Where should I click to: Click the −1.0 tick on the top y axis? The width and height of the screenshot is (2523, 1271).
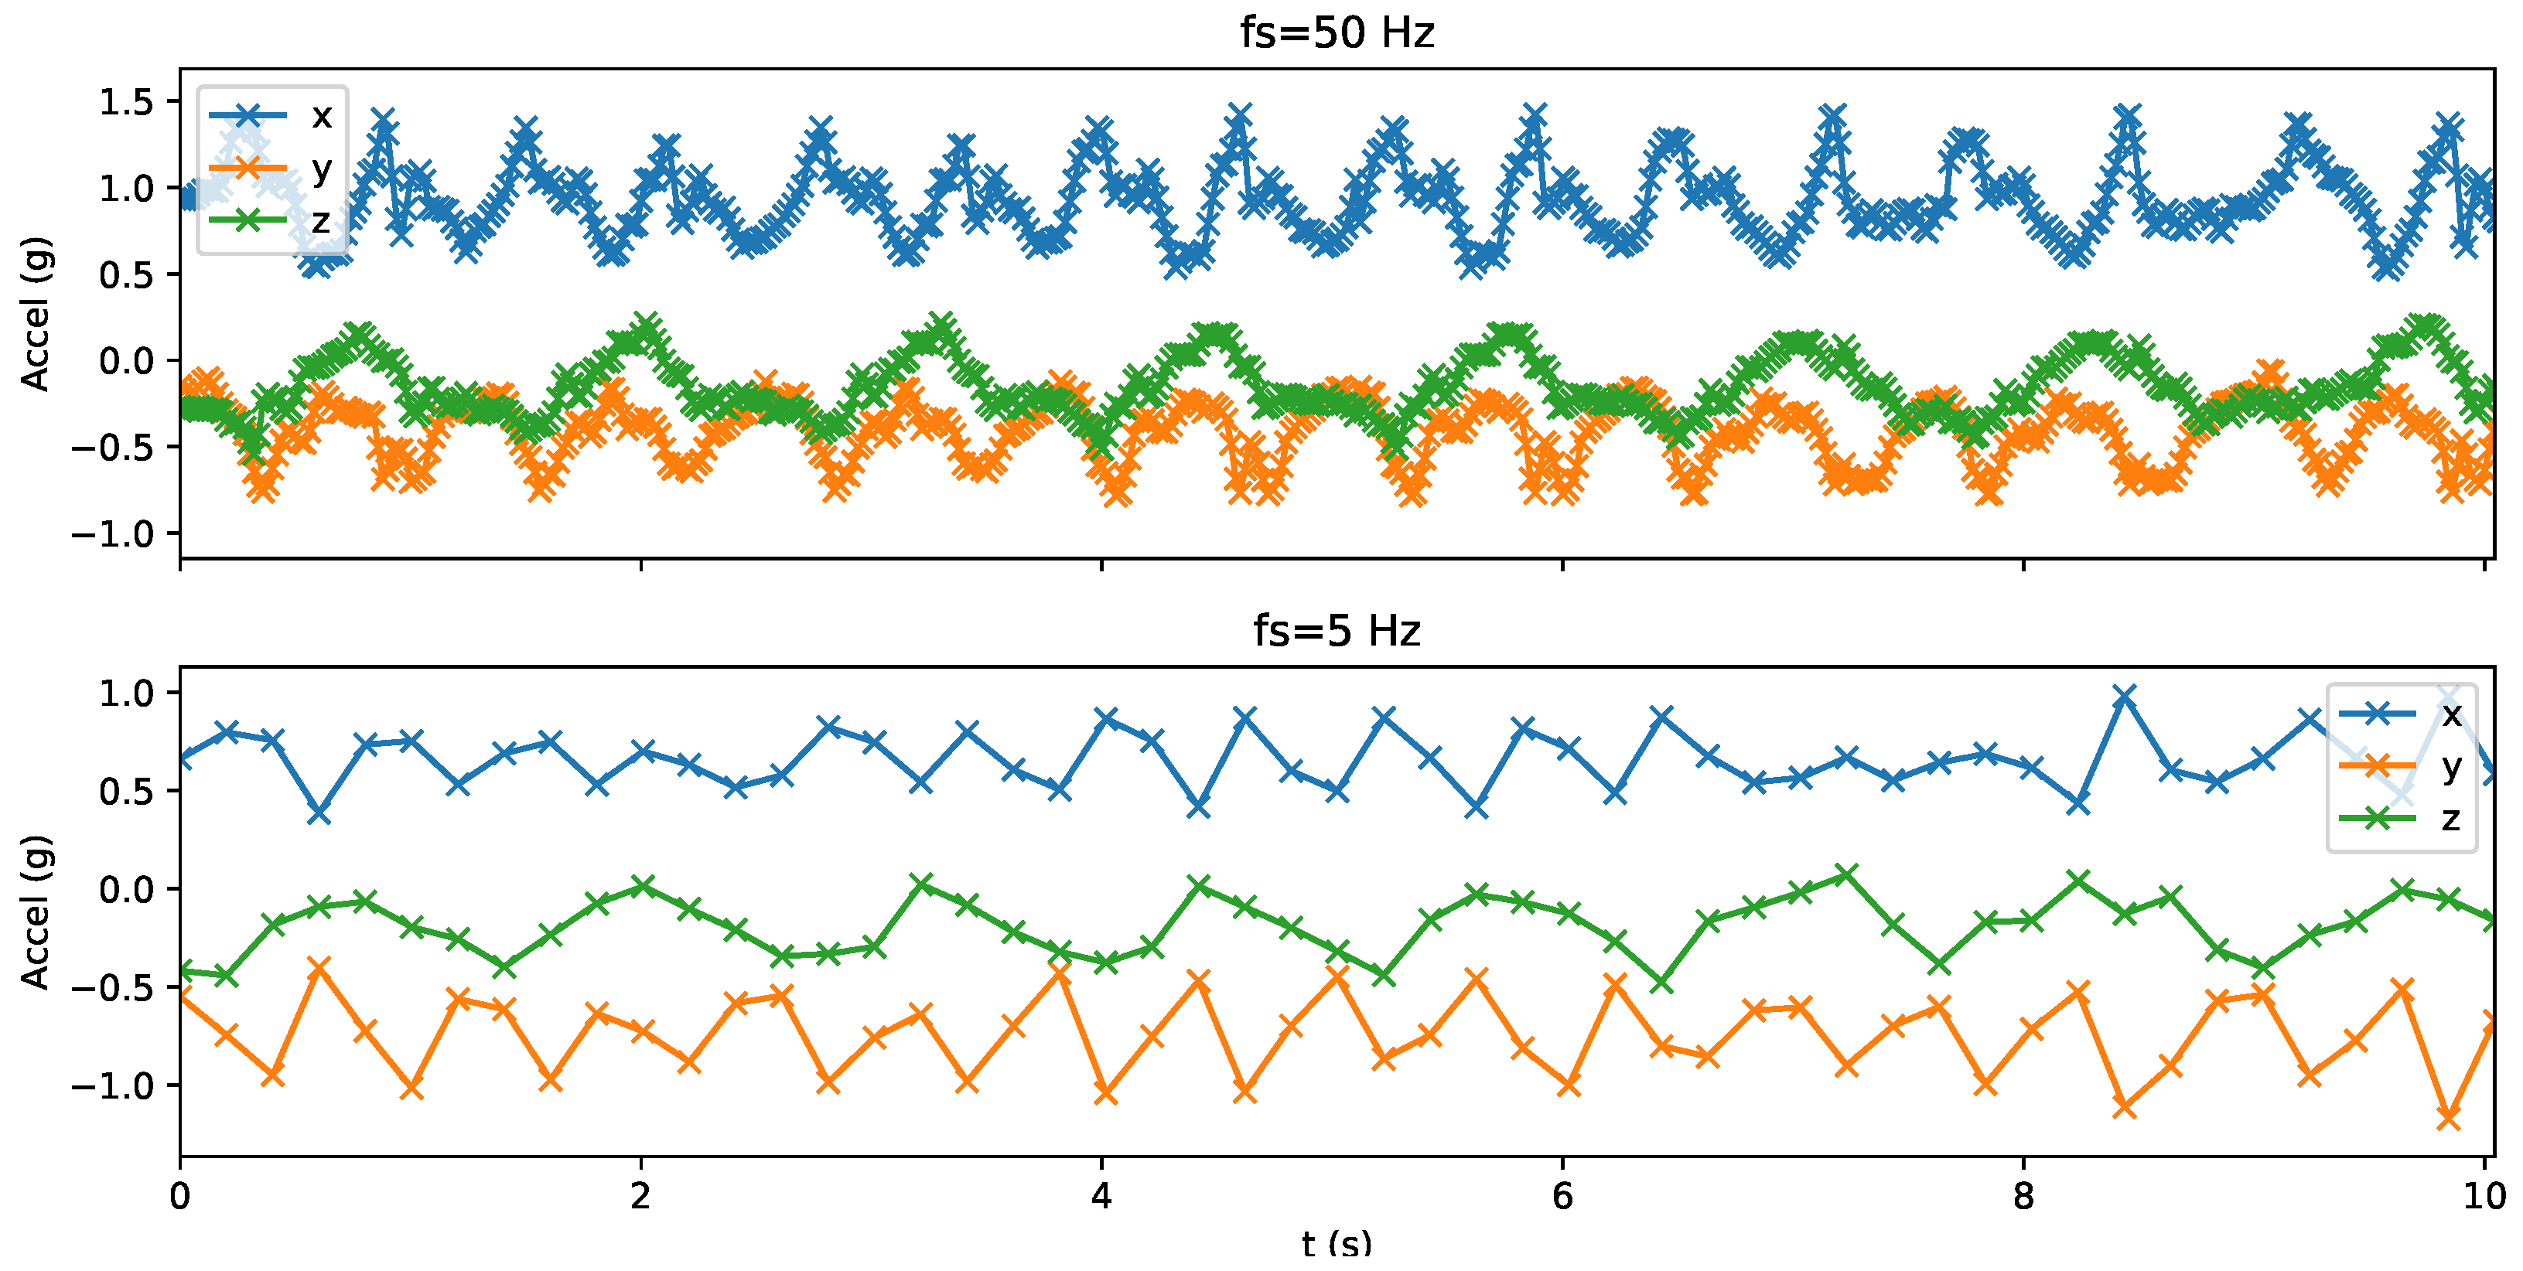[x=113, y=533]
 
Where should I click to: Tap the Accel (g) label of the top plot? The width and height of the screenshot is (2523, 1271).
[x=36, y=313]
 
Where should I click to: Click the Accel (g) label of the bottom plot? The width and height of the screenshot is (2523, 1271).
[x=36, y=912]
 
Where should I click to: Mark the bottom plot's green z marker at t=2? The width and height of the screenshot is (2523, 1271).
[x=641, y=886]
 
